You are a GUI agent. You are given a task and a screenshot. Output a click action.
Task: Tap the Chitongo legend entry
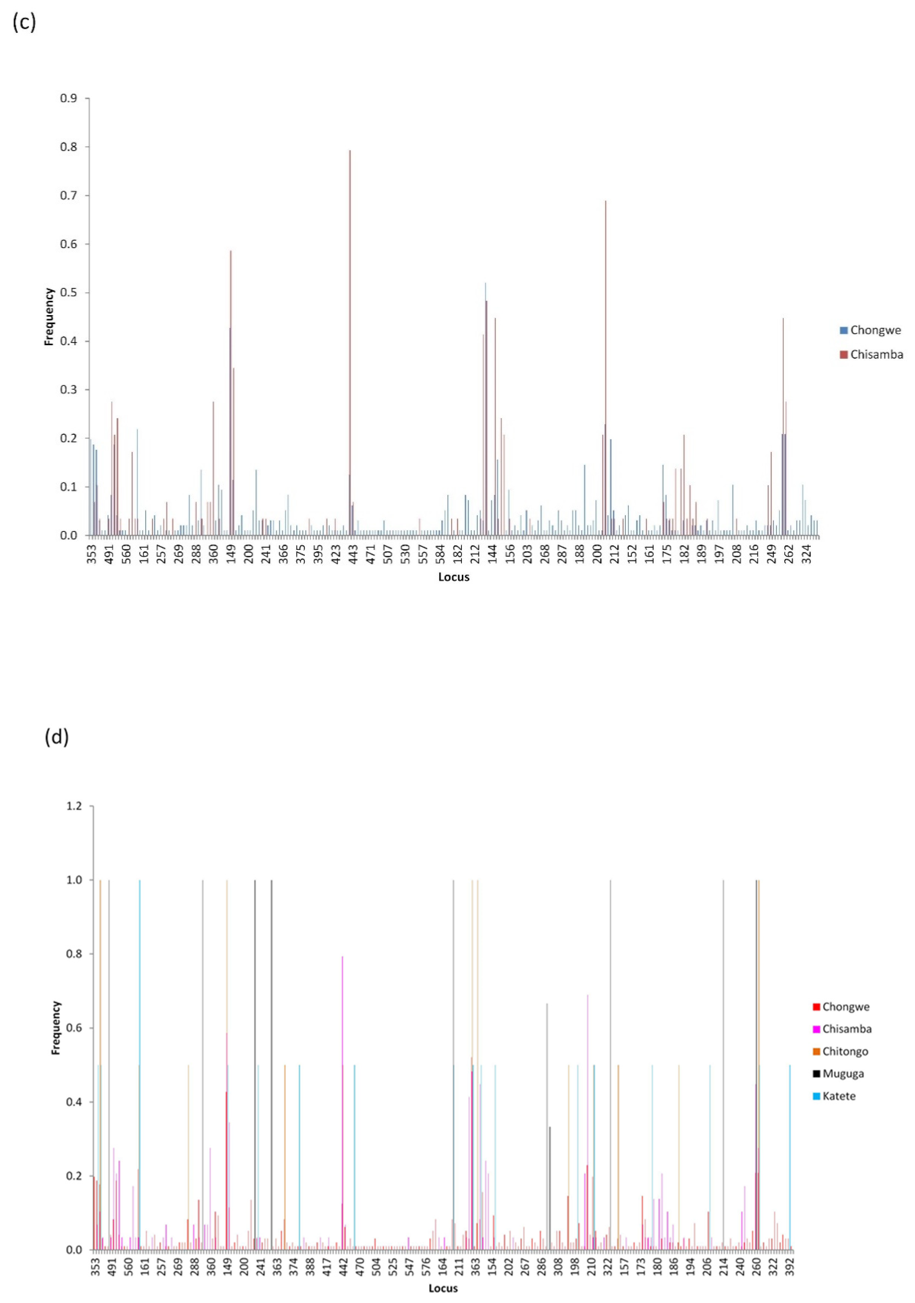coord(841,1052)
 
